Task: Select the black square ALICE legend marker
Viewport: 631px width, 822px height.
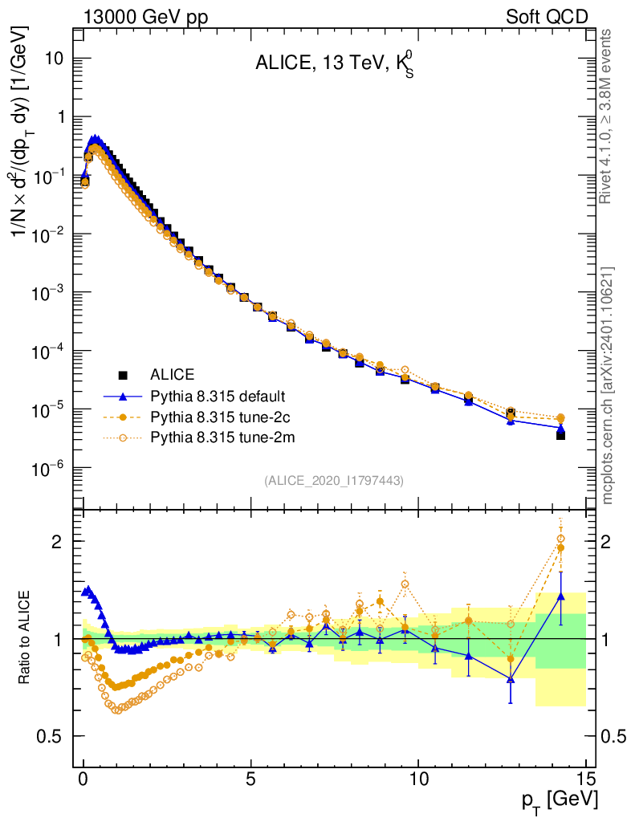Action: click(123, 375)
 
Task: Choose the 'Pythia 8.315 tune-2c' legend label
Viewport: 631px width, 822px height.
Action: click(213, 417)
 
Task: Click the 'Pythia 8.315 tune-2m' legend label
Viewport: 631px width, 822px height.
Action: click(214, 437)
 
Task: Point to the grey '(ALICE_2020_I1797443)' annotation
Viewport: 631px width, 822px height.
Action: click(333, 480)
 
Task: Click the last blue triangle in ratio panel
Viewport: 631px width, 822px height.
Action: click(560, 596)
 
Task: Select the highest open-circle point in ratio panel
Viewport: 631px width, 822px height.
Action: click(560, 539)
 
